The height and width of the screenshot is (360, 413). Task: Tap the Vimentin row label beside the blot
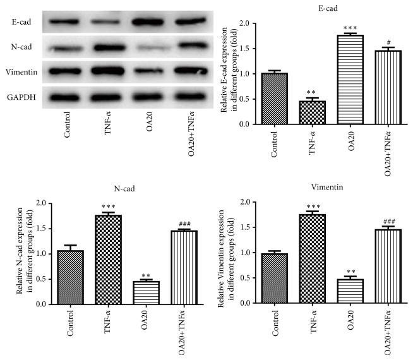click(x=18, y=71)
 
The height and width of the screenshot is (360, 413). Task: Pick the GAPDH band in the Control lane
click(x=66, y=97)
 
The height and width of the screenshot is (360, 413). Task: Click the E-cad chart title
click(x=328, y=8)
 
